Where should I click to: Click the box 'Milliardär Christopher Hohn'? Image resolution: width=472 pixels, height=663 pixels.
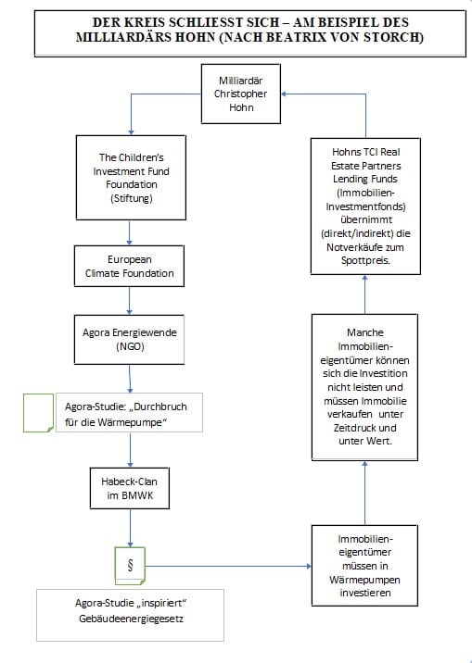pos(240,94)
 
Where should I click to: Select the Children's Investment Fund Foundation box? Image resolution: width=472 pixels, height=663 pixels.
pos(131,178)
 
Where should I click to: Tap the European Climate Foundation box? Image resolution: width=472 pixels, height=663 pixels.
pos(129,266)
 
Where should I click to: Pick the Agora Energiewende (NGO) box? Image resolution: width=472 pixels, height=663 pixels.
pos(129,339)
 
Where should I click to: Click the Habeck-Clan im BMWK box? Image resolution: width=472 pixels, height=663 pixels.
pos(130,488)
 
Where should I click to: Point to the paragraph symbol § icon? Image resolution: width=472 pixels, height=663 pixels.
pos(130,566)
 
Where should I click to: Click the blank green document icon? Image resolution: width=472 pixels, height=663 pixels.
pos(39,413)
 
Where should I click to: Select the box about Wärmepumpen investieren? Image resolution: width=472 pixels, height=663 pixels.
pos(364,566)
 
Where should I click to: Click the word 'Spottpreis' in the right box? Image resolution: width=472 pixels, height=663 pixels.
pos(365,260)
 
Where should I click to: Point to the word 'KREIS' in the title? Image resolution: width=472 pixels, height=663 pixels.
pos(142,22)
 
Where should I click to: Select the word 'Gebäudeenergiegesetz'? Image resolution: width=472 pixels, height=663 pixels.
pos(131,619)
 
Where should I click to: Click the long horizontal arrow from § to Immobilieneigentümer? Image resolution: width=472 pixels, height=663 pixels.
pos(228,566)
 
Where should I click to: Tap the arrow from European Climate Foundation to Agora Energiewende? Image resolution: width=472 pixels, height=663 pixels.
pos(129,301)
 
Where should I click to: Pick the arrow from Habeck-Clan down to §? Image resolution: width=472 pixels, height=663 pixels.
pos(130,528)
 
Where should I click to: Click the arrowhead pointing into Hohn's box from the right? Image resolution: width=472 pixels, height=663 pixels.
pos(284,94)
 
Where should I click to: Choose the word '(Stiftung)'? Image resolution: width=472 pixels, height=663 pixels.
pos(132,198)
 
